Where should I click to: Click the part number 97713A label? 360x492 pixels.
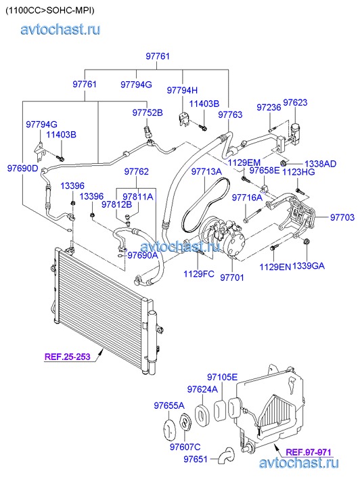point(206,171)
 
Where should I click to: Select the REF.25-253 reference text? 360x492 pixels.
point(68,357)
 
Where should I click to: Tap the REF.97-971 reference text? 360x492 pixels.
point(309,452)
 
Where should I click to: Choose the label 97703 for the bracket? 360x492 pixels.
point(342,217)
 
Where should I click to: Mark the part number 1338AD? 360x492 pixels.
point(320,164)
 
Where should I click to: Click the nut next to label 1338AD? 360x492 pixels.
point(284,163)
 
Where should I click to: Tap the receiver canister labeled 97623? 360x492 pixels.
point(295,133)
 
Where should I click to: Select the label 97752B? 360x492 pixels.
point(148,112)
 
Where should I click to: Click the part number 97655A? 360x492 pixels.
point(169,405)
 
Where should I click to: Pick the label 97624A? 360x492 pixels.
point(202,389)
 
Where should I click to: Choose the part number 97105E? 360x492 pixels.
point(222,377)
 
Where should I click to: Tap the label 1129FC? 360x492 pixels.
point(199,274)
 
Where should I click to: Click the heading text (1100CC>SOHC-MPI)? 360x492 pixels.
point(50,10)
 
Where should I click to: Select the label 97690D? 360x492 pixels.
point(22,169)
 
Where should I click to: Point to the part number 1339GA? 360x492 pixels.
point(308,266)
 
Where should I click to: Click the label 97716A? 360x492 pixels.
point(247,198)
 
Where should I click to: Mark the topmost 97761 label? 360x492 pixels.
point(158,56)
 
